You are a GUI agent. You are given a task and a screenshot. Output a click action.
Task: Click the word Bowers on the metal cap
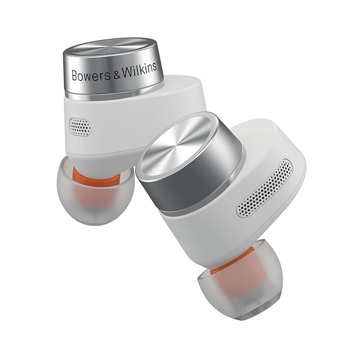(91, 75)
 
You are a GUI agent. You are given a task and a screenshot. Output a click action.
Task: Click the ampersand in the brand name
(117, 74)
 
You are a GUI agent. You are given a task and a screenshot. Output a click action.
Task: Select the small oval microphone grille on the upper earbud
(80, 127)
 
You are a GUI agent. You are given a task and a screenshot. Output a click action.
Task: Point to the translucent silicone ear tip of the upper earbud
(95, 190)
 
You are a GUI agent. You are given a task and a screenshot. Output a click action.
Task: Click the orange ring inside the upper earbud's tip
(96, 175)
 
